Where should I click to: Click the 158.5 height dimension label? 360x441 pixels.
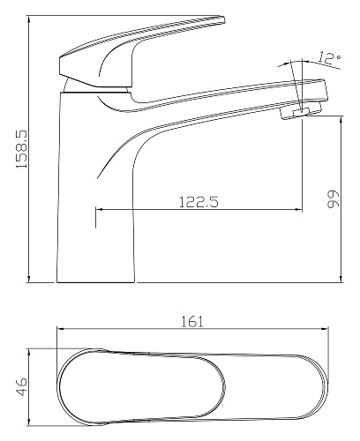21,149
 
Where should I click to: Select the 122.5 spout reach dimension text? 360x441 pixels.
199,202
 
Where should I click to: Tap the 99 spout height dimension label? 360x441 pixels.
333,199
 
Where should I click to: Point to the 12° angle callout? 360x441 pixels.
329,58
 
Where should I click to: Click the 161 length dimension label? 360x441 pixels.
192,322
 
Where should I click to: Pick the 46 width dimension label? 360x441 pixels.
21,387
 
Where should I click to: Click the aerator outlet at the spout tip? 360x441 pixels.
301,113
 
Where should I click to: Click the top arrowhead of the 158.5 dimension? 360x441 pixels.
29,19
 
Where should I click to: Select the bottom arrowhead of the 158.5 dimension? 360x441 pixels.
29,279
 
